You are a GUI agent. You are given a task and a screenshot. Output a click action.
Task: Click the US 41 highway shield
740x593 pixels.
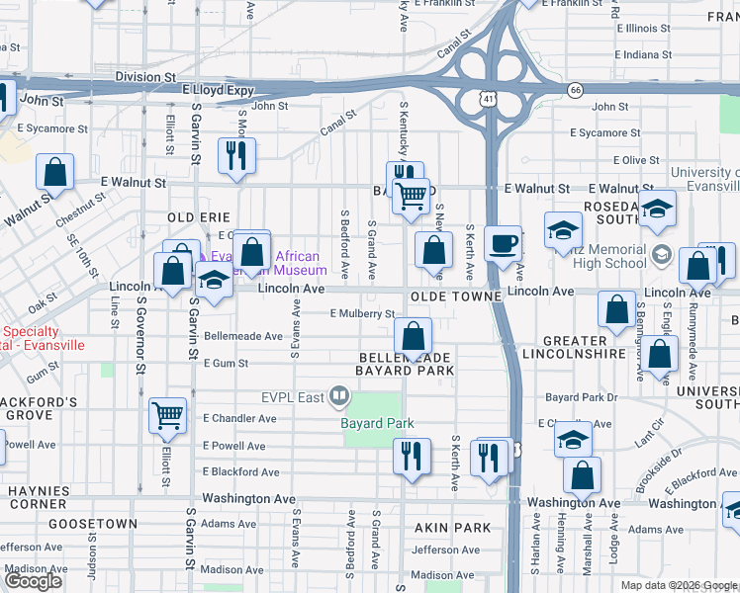[488, 99]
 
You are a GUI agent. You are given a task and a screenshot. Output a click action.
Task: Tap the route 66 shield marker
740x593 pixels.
[575, 90]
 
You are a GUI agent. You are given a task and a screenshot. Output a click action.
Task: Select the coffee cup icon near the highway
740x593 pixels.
[504, 243]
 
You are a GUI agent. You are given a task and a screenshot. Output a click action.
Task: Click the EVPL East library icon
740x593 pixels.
[339, 397]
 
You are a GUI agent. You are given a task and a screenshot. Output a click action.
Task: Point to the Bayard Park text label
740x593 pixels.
[376, 423]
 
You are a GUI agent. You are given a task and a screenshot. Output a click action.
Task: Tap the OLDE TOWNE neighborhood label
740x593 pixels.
[452, 296]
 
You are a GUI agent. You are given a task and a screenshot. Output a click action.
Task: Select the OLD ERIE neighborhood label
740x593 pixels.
[199, 216]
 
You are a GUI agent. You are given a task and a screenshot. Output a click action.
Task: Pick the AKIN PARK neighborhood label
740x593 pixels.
[452, 528]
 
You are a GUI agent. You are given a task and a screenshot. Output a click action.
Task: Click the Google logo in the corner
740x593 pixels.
[34, 581]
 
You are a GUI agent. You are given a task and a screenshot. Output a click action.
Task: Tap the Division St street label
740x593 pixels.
[144, 75]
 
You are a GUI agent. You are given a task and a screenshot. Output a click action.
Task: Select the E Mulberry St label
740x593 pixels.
[362, 313]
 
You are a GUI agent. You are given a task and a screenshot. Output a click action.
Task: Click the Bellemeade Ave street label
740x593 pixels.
[243, 336]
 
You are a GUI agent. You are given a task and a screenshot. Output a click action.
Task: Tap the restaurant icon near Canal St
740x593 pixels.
[236, 155]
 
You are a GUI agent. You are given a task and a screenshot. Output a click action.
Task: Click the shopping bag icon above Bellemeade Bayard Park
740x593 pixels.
[414, 334]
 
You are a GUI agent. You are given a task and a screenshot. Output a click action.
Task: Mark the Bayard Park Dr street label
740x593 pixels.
[580, 397]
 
